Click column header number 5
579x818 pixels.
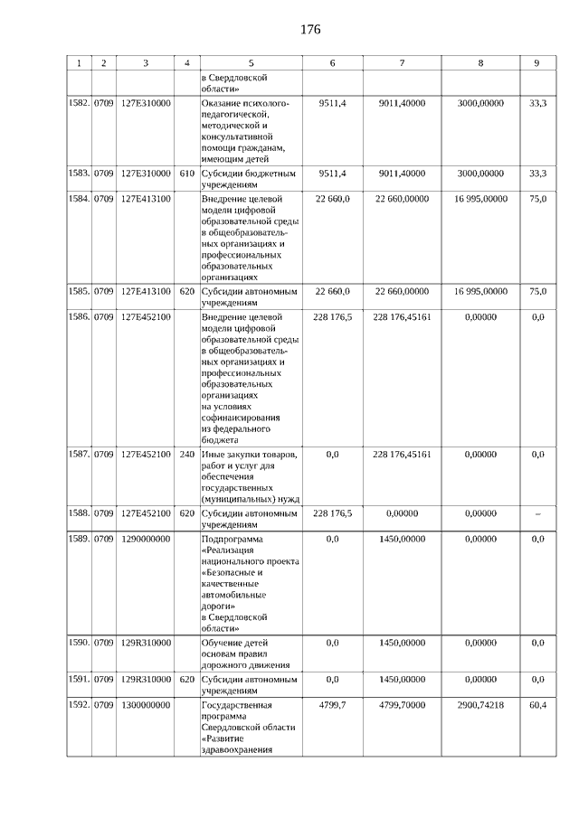(251, 63)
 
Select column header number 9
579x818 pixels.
(536, 63)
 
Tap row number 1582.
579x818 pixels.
(79, 105)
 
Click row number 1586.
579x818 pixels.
(79, 317)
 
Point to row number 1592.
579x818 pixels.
(79, 705)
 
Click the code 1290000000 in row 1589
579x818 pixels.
(146, 539)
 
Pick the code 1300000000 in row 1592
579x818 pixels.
(146, 705)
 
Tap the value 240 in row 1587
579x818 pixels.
(187, 455)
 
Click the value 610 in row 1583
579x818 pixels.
(187, 173)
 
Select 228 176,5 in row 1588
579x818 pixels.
(332, 513)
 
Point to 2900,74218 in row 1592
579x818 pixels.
(479, 705)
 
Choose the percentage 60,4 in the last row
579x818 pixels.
(537, 705)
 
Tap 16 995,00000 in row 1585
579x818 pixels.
(479, 291)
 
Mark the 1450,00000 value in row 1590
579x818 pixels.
(401, 643)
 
